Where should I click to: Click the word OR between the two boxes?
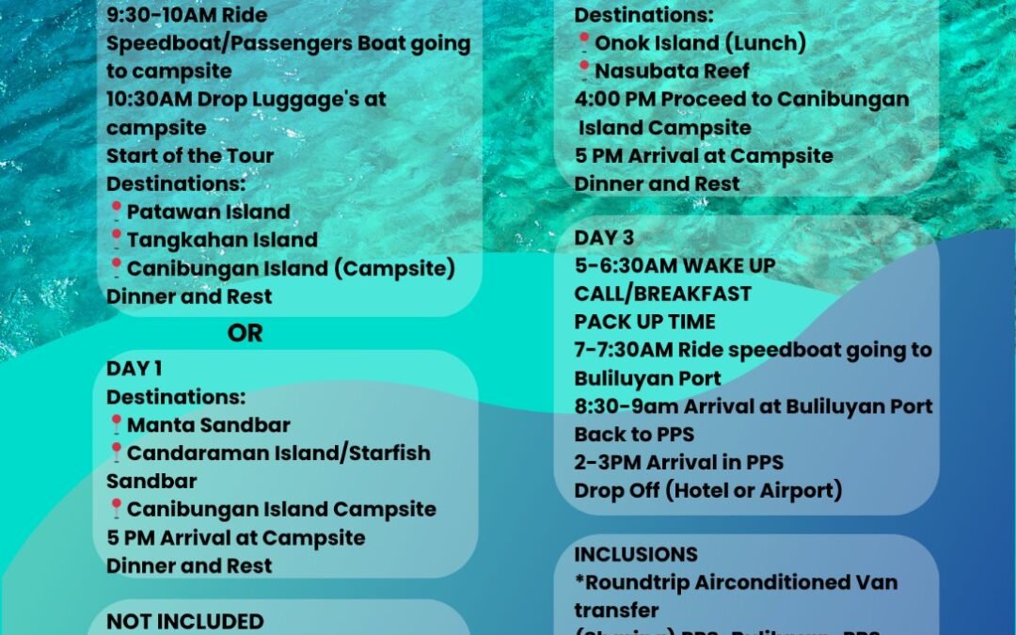tap(245, 333)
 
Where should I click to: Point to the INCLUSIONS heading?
tap(636, 554)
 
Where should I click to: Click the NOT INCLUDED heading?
tap(185, 622)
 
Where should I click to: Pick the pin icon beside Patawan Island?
tap(116, 211)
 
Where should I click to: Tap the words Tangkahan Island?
tap(222, 240)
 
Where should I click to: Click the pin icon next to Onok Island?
tap(583, 42)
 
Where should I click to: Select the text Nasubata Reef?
tap(673, 71)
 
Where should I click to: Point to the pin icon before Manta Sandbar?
tap(116, 424)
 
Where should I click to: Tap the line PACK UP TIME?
tap(645, 322)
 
